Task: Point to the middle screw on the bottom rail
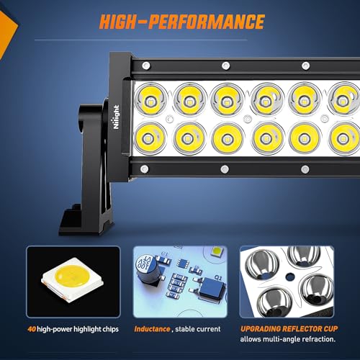[224, 169]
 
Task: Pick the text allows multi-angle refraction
[288, 338]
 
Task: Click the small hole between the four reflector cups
[289, 274]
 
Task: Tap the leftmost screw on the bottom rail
[144, 169]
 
